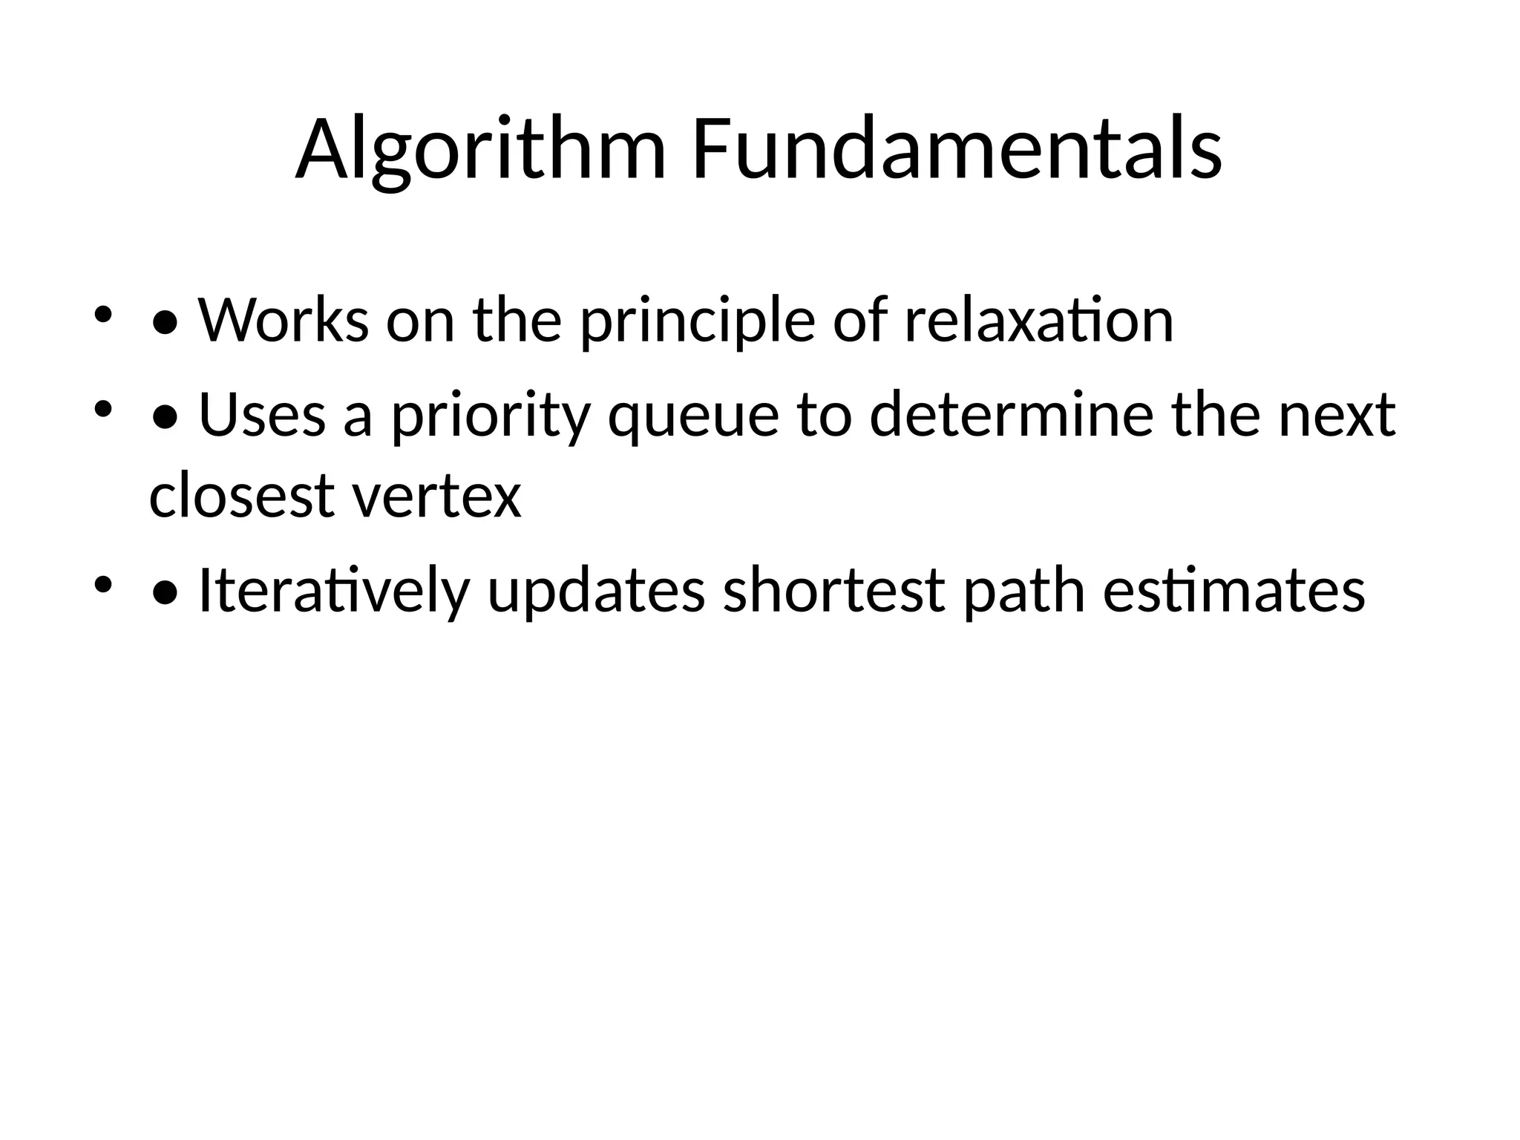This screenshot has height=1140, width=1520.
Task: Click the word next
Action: (1337, 416)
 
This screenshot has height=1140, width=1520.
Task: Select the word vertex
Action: (437, 497)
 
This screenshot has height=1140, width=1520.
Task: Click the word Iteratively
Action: (334, 592)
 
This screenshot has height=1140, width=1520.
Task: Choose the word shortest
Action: (834, 592)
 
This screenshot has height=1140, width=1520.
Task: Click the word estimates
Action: (1234, 592)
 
